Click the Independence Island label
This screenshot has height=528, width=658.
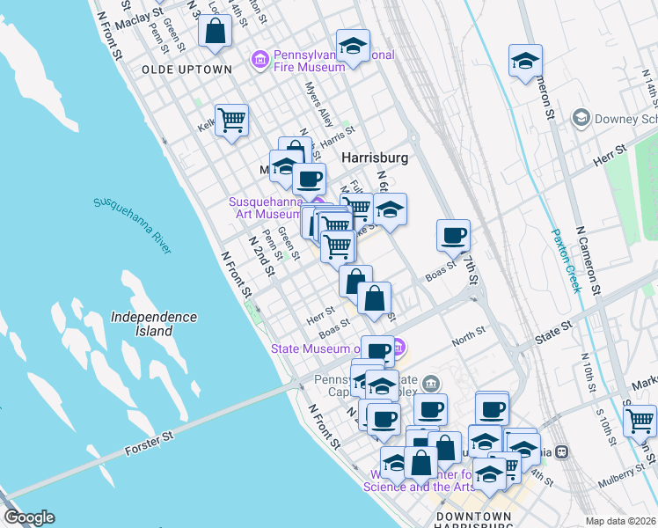point(154,324)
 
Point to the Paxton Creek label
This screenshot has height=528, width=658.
point(567,260)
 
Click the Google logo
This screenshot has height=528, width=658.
point(29,517)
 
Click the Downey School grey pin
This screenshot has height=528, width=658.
point(580,118)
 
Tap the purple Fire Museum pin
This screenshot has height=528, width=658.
point(260,59)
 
